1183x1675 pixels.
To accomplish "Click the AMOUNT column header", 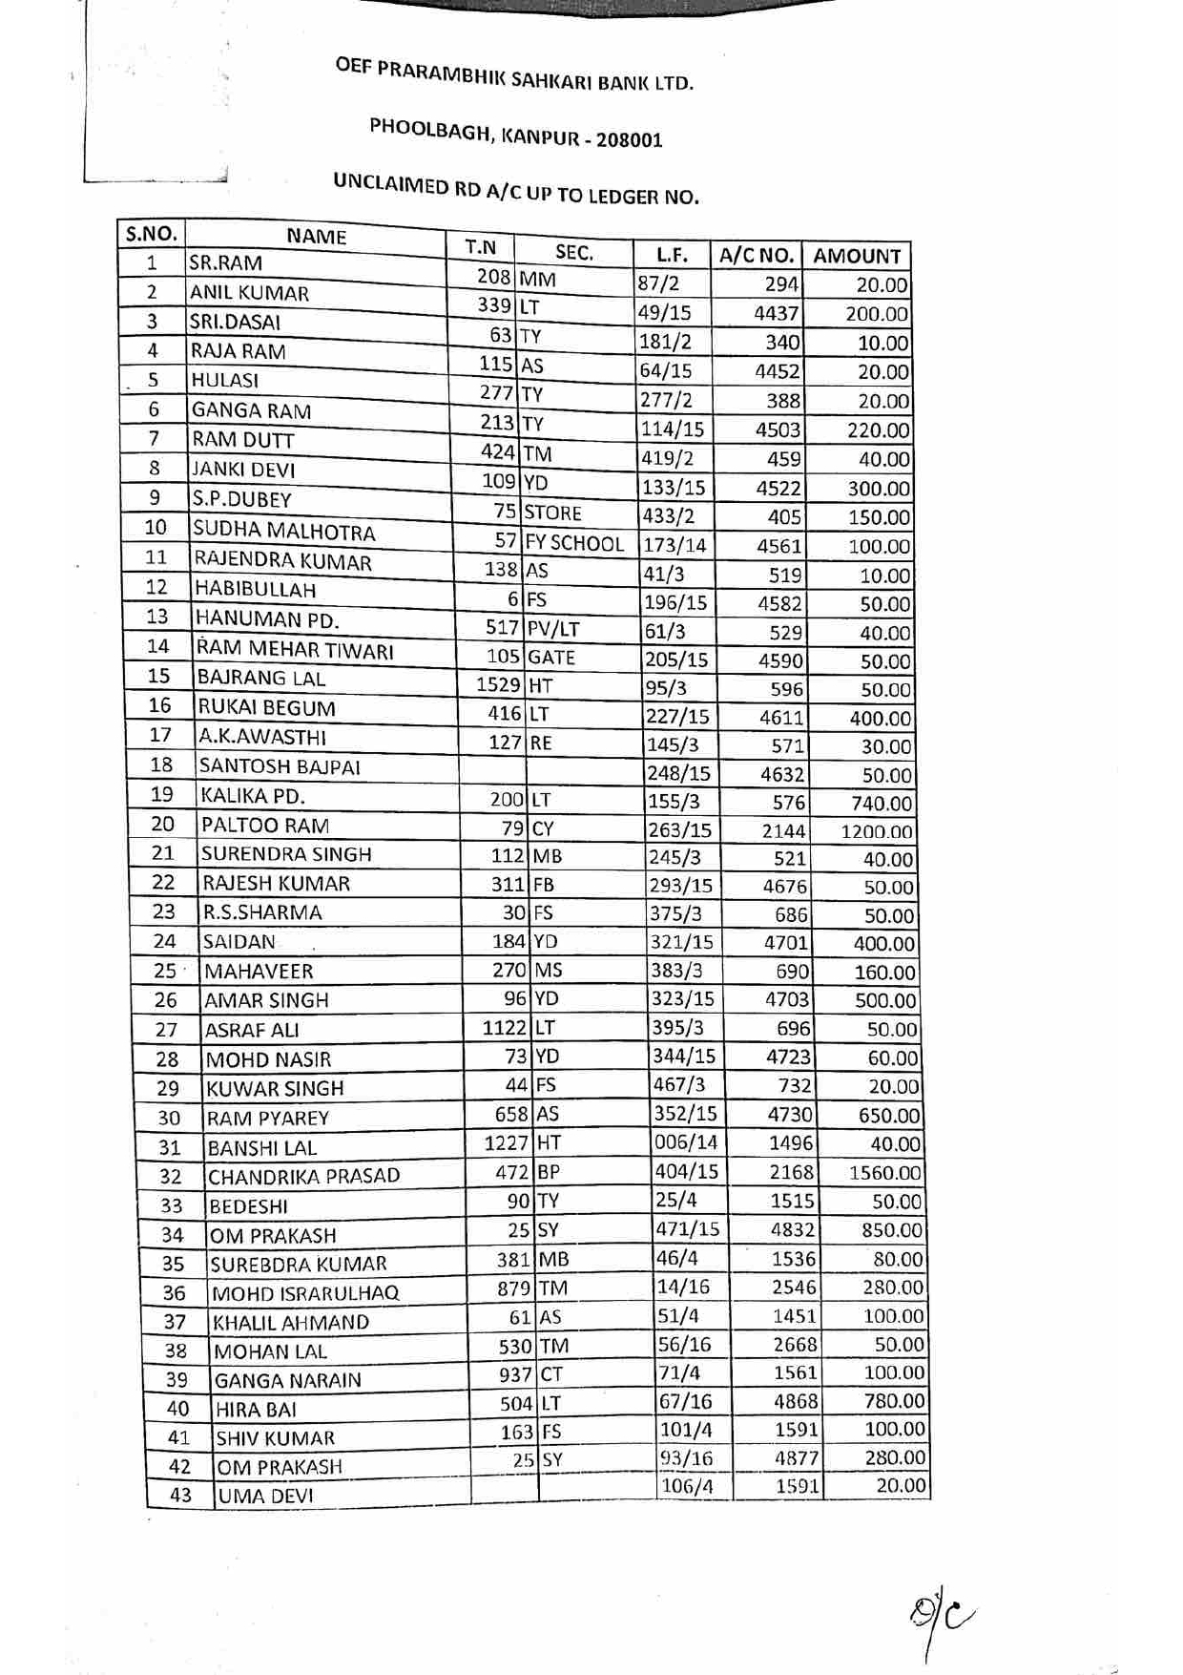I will tap(856, 256).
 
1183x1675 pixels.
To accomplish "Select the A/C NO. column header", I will tap(756, 255).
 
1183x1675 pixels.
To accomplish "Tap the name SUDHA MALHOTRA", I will tap(283, 531).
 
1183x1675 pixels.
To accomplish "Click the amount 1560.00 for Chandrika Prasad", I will tap(884, 1173).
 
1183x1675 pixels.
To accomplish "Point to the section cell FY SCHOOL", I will tap(574, 544).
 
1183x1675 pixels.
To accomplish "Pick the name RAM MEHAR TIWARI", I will tap(295, 650).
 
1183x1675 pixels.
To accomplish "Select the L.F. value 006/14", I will tap(685, 1142).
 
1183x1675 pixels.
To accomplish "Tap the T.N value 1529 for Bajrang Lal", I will tap(499, 685).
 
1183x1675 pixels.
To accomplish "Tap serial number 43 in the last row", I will tap(180, 1496).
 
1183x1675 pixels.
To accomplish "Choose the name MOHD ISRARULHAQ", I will tap(305, 1294).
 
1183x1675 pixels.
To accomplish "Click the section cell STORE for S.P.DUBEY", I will tap(552, 513).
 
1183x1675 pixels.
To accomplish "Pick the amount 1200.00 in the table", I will tap(876, 831).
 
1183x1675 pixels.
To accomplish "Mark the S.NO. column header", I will tap(152, 234).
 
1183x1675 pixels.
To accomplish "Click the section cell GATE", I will tap(551, 658).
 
